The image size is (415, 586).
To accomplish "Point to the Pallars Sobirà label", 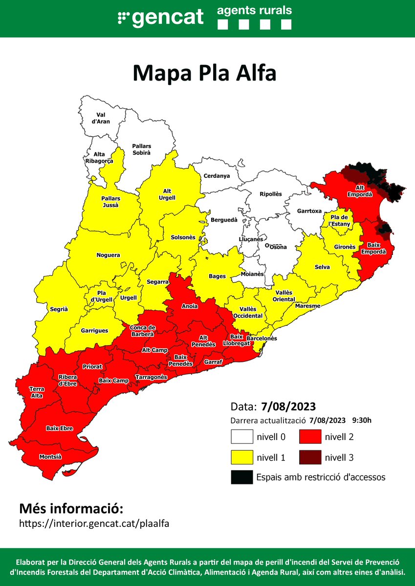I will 142,149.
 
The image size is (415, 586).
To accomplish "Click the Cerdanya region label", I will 217,176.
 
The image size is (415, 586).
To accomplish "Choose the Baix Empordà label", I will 373,249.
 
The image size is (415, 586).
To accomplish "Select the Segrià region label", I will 59,309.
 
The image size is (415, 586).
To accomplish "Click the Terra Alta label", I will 36,392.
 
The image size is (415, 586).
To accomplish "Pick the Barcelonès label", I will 262,338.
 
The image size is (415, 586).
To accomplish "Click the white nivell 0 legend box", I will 242,436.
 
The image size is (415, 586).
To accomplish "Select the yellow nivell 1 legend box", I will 242,457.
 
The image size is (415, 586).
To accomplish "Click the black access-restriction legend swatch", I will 242,477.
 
